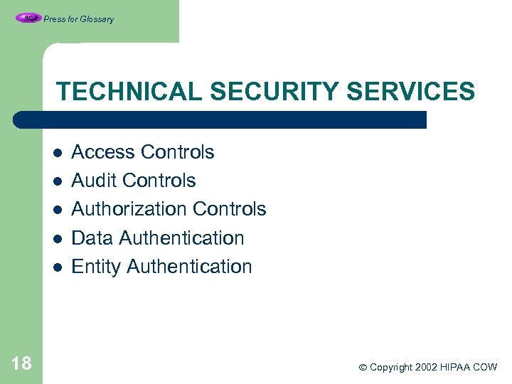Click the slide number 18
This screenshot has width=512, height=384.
point(22,364)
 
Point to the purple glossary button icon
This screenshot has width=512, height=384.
point(28,18)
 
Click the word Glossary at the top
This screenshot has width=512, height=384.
point(97,19)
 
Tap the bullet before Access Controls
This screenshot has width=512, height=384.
point(58,153)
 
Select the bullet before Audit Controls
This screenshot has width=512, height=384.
point(58,181)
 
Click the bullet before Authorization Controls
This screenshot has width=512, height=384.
point(58,210)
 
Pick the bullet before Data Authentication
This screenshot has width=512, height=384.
point(58,239)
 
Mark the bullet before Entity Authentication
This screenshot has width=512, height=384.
point(58,267)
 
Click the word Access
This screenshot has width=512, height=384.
point(103,152)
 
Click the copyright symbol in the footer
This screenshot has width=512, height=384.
point(363,368)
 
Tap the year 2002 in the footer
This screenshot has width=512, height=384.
point(423,367)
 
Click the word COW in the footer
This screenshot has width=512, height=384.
point(486,367)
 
